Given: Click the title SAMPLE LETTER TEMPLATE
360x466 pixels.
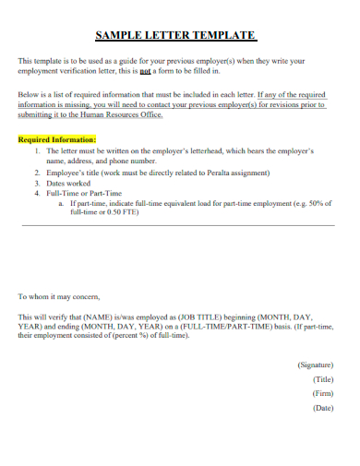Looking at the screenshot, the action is click(x=175, y=36).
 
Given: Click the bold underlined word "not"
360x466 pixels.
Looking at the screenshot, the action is click(x=145, y=69).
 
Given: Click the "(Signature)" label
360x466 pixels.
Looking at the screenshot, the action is click(x=316, y=365).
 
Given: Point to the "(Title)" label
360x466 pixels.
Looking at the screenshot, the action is click(x=323, y=379).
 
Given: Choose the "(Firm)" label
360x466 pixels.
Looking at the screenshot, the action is click(x=323, y=393).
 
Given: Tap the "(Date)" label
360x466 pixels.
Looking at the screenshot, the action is click(x=323, y=407).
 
